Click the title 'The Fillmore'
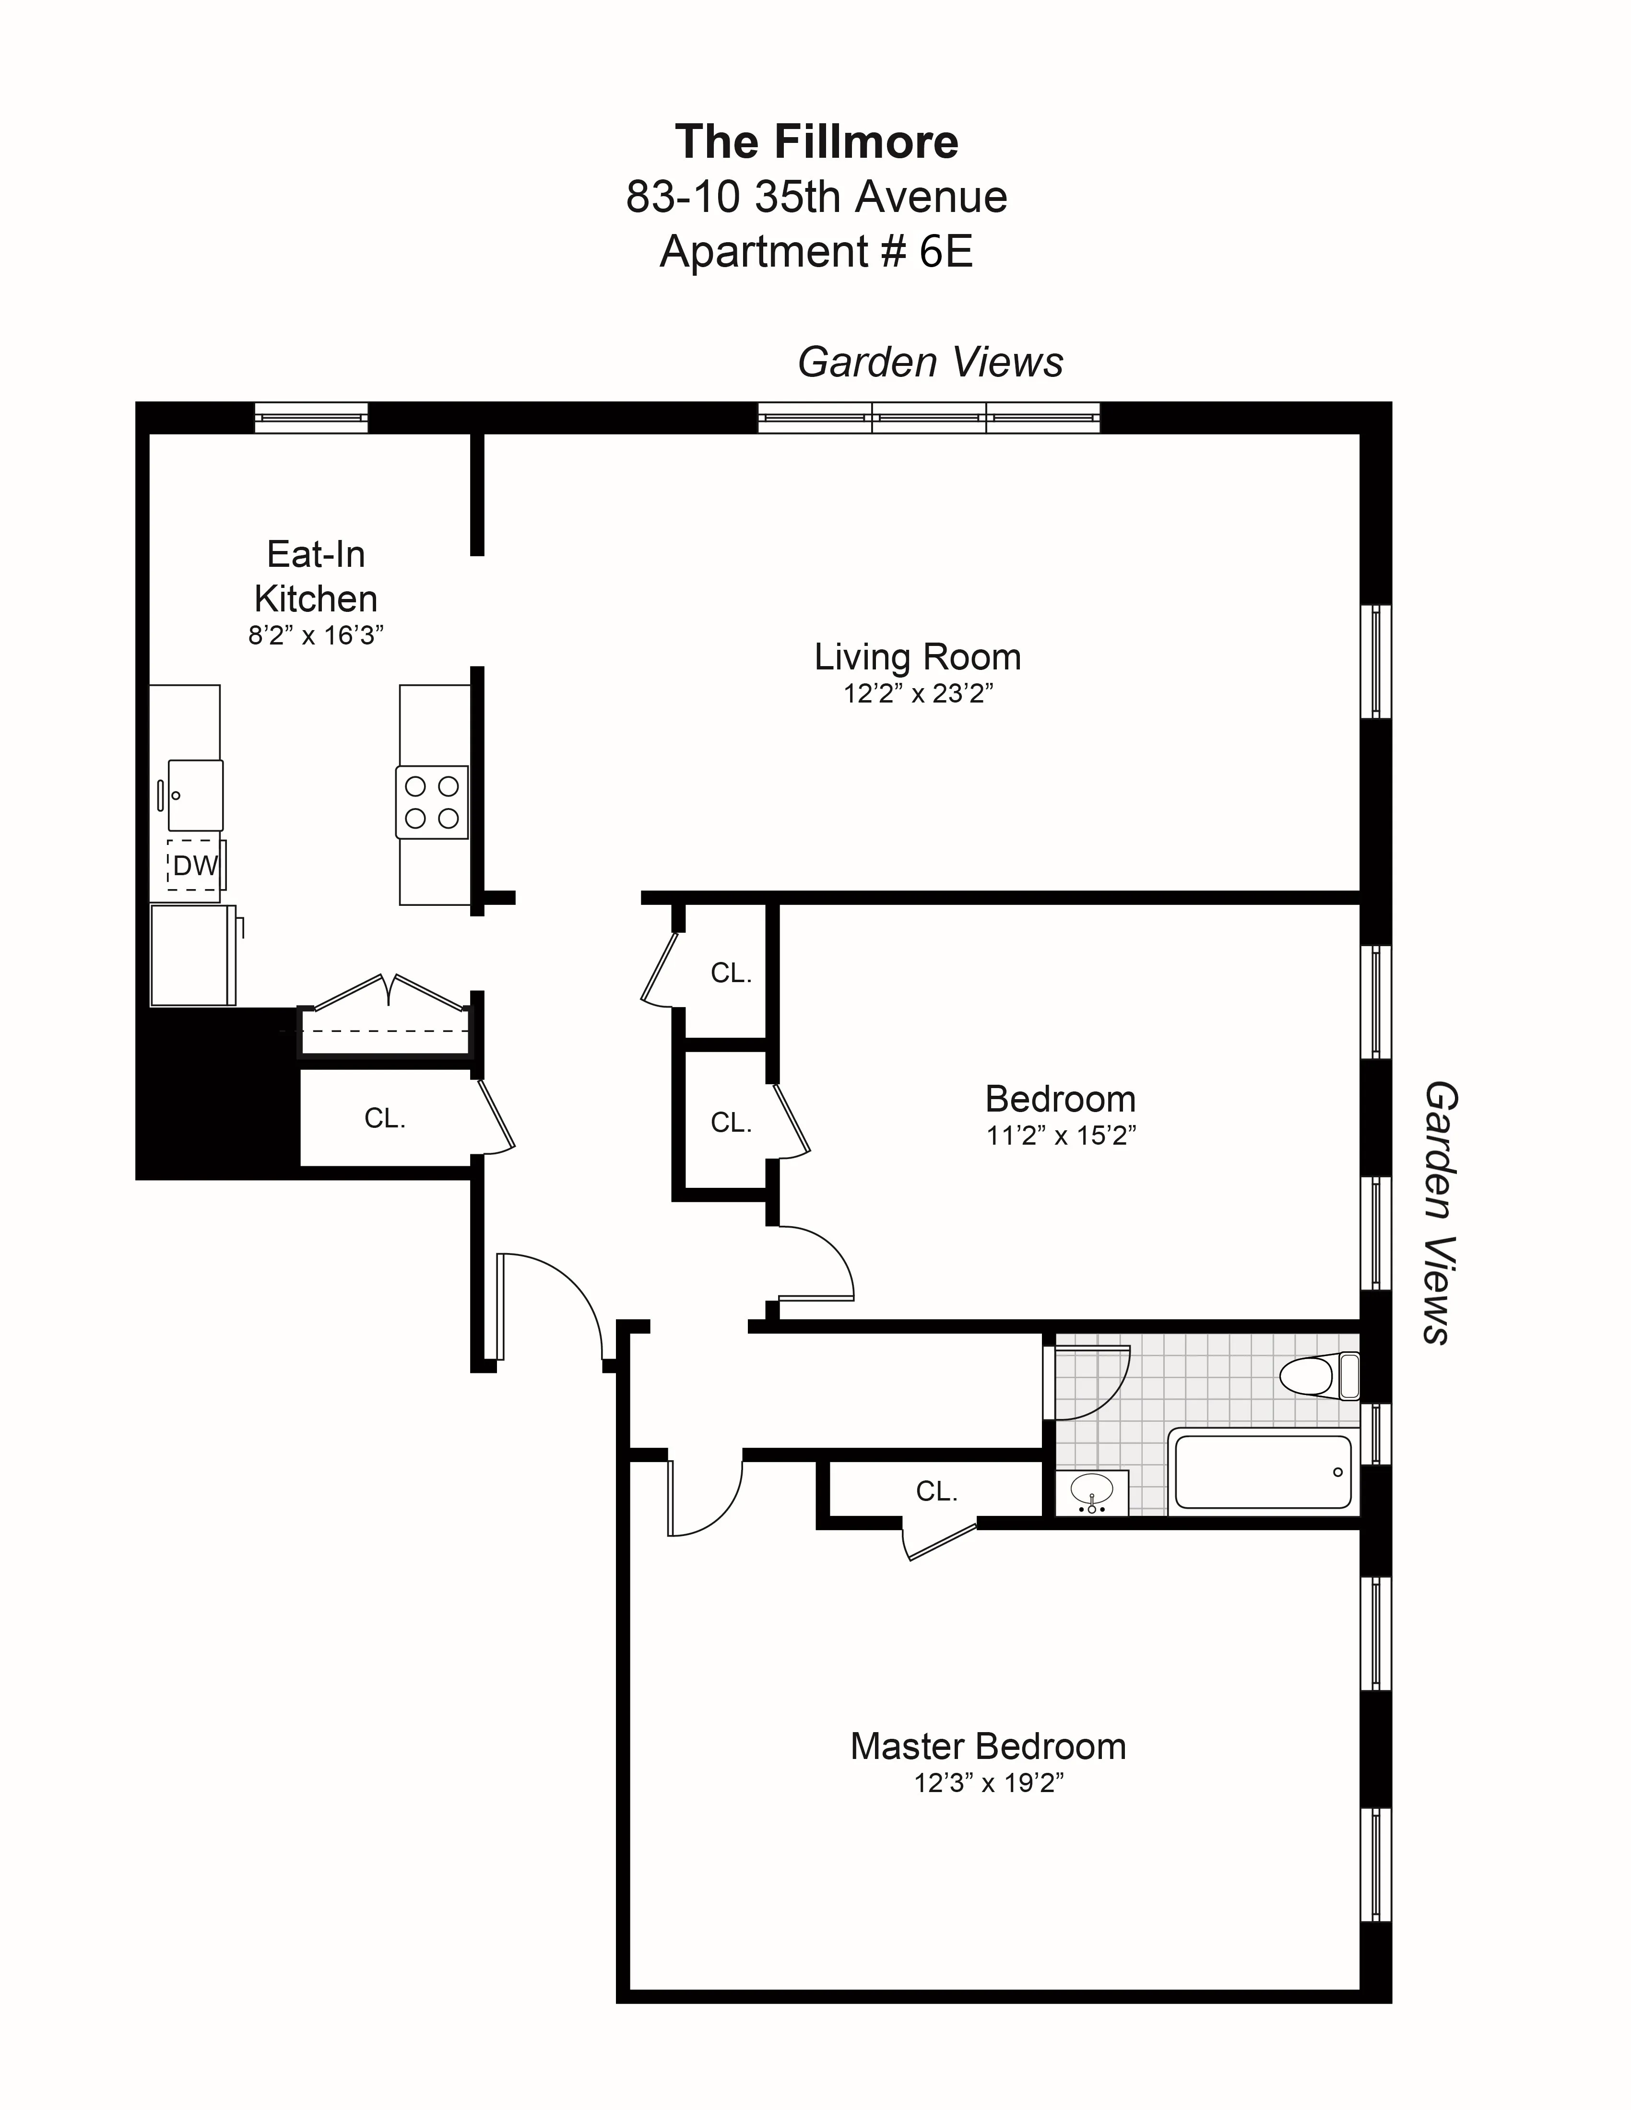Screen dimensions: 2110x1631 (816, 142)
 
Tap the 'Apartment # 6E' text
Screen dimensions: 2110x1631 (816, 252)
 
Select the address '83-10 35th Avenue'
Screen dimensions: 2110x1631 (816, 197)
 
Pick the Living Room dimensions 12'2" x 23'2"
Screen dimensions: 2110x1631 (918, 694)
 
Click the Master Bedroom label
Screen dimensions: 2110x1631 (988, 1747)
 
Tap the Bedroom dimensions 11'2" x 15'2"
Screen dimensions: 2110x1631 (1060, 1135)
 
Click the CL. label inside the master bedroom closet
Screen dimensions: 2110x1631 (936, 1492)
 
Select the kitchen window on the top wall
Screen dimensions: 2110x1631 (311, 417)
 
